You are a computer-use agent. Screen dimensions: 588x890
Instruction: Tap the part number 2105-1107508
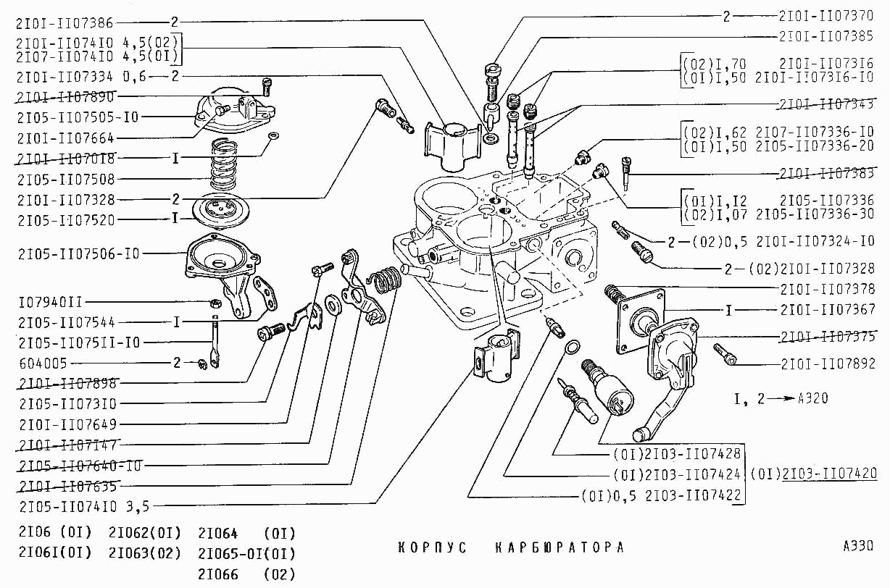tap(67, 178)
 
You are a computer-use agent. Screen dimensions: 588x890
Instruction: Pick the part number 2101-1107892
tap(828, 364)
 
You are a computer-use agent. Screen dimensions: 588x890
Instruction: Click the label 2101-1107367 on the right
tap(828, 310)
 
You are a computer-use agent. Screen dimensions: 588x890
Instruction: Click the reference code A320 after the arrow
tap(812, 398)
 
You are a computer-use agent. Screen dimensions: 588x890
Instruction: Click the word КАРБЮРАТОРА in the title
tap(559, 547)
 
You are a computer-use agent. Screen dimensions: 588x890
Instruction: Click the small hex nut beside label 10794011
tap(215, 301)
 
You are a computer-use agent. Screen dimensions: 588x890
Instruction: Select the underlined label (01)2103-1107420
tap(813, 474)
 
